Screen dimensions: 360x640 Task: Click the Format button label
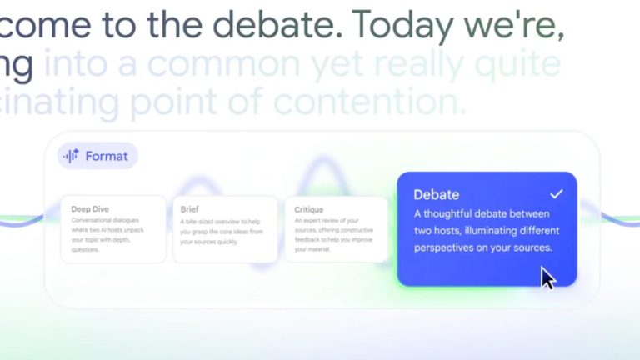(107, 156)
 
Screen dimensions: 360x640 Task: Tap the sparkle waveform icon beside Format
(71, 156)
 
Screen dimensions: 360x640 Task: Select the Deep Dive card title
(90, 209)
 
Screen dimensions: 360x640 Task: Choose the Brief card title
(189, 210)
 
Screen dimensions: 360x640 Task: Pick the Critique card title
(309, 210)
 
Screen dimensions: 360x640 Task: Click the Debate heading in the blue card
(436, 195)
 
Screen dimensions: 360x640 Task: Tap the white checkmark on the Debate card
(557, 194)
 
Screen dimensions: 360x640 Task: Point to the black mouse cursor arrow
(547, 277)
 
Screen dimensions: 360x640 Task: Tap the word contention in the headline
(387, 103)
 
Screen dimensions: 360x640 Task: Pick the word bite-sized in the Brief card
(204, 221)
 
